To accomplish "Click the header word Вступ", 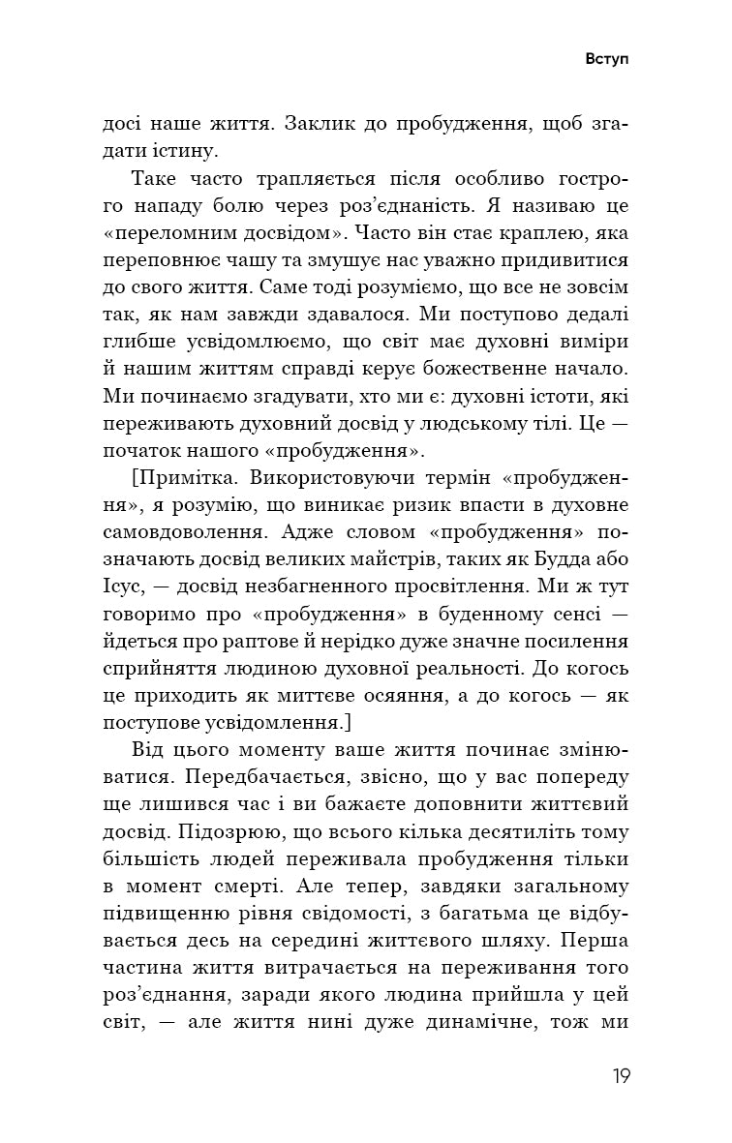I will [x=607, y=58].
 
